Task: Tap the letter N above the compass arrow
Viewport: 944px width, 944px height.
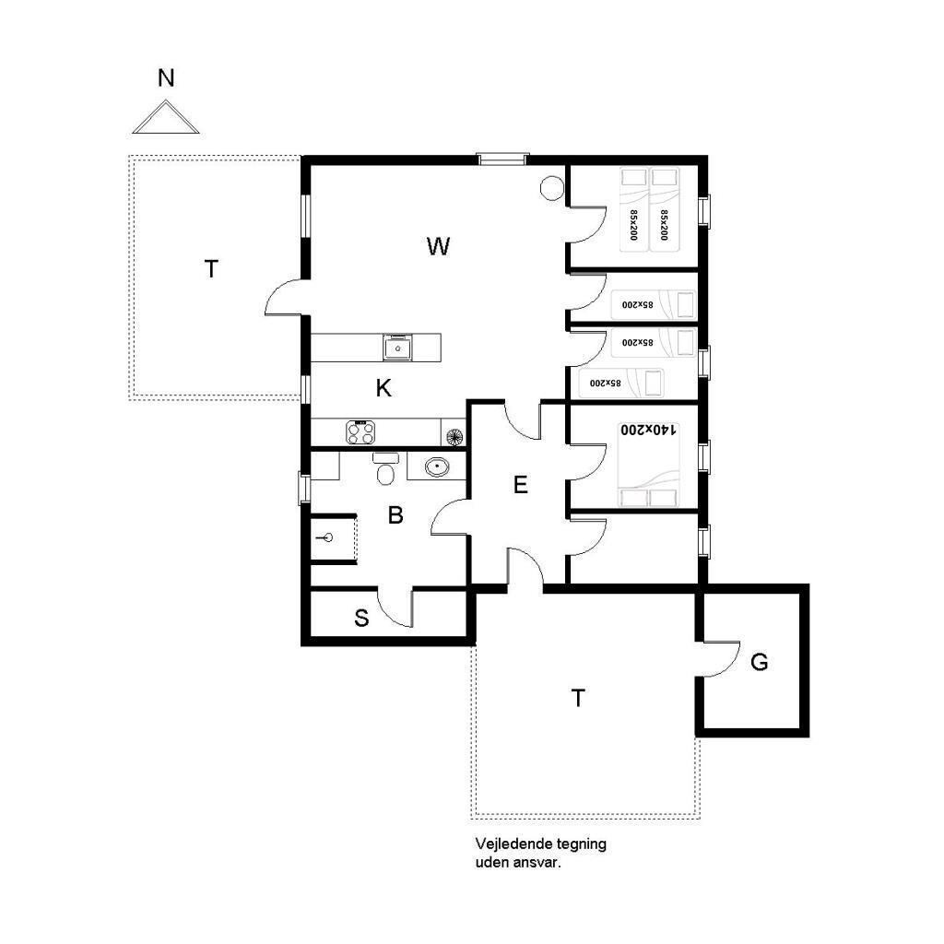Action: click(166, 78)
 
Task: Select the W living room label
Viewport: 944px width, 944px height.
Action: click(438, 245)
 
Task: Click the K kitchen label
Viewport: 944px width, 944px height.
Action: click(383, 388)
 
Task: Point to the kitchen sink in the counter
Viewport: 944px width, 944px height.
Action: click(397, 348)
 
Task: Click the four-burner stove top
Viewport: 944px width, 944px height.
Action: click(360, 432)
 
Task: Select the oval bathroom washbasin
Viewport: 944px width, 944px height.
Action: click(436, 466)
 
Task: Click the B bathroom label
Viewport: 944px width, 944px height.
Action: click(395, 515)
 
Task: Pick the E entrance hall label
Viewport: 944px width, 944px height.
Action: click(521, 485)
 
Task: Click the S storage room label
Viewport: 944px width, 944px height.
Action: click(361, 618)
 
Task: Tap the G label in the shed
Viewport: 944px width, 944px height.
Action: click(760, 662)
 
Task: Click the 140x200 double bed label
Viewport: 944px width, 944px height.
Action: click(649, 430)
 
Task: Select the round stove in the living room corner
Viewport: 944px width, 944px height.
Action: click(551, 188)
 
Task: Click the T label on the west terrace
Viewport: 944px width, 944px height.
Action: click(211, 269)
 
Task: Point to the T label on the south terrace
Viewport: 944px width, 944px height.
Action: click(578, 699)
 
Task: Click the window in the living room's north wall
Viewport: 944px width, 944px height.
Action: click(502, 159)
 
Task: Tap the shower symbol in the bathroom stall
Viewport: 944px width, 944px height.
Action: click(326, 537)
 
